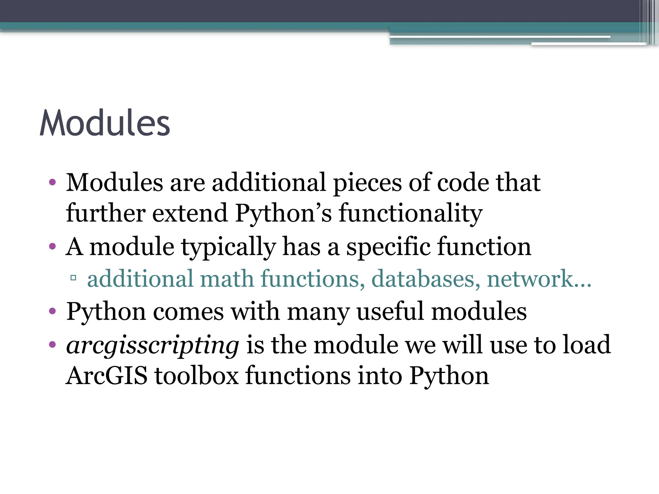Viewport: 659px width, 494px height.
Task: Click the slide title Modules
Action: click(105, 123)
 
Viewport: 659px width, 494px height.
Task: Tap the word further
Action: click(106, 213)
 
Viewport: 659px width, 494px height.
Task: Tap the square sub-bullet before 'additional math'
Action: click(73, 277)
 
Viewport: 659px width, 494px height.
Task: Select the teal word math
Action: click(227, 279)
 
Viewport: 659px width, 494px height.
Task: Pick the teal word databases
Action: click(423, 279)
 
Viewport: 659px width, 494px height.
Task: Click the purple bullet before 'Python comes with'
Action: click(52, 311)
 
